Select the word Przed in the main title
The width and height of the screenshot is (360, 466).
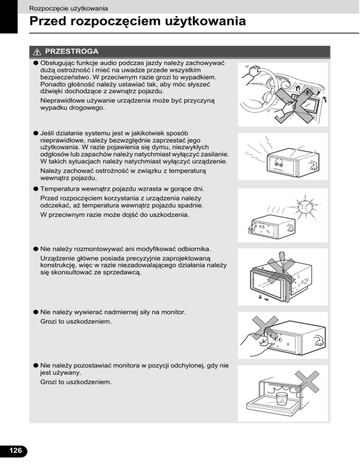point(50,22)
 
